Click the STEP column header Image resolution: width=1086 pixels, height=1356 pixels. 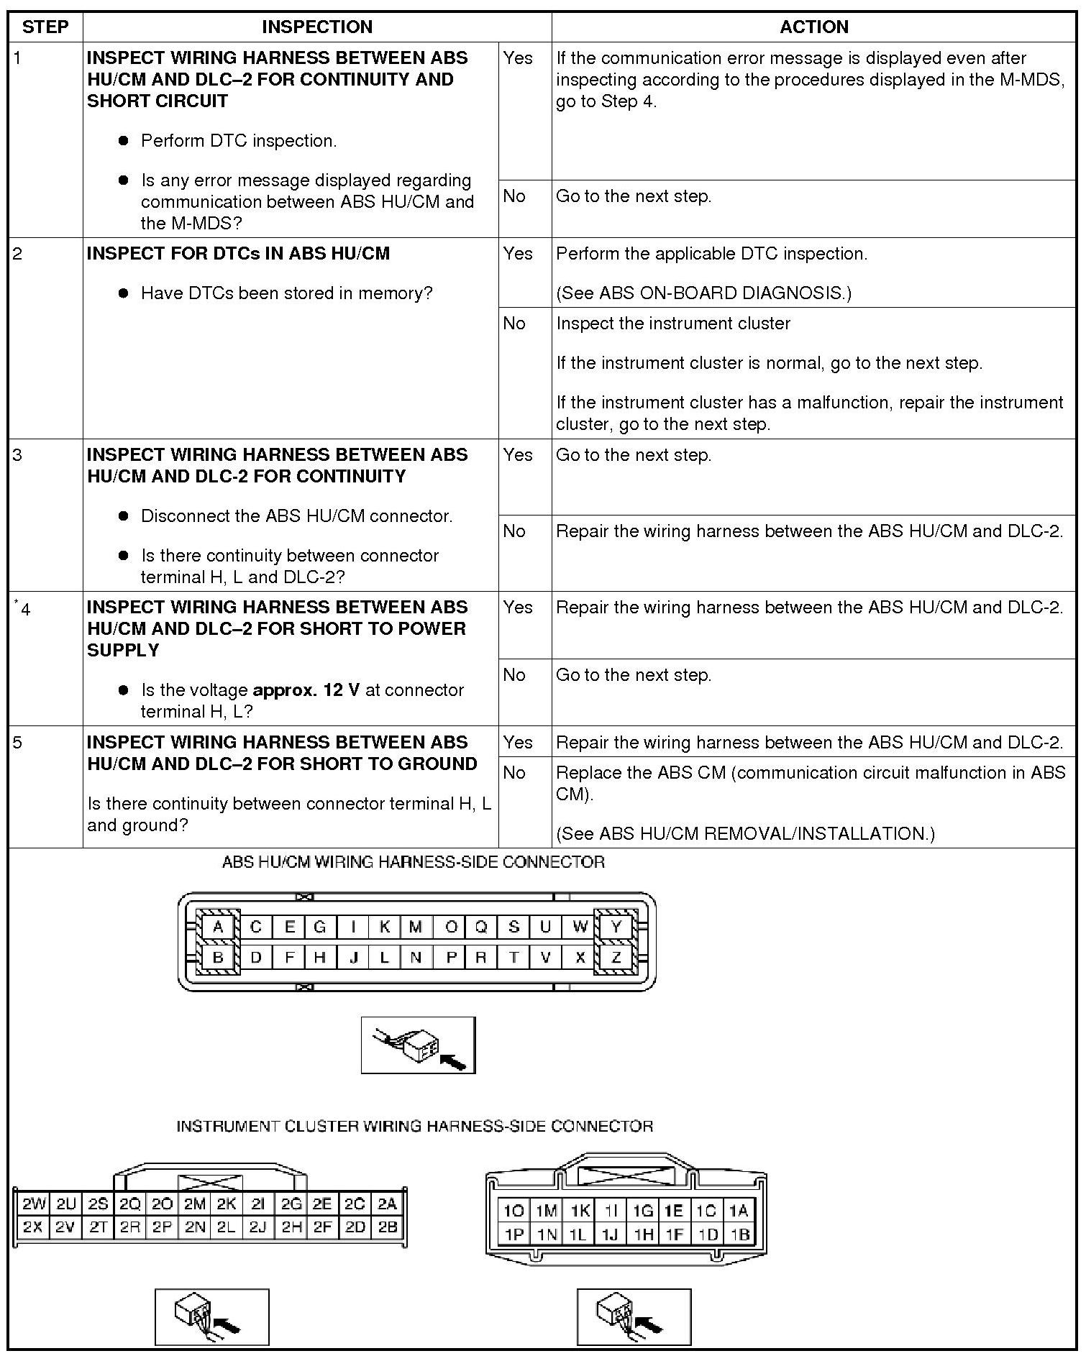pos(45,27)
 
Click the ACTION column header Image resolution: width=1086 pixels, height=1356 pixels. pos(813,27)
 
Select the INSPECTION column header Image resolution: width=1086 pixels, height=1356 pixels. pos(316,27)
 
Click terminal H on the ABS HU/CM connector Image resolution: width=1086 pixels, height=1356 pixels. pos(320,958)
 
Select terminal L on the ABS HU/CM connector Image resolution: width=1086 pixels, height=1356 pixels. pos(385,958)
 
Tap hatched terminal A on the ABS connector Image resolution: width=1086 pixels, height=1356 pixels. pos(218,927)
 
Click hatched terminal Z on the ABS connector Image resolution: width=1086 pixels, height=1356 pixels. pos(616,958)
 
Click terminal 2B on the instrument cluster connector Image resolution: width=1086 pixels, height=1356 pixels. pos(388,1227)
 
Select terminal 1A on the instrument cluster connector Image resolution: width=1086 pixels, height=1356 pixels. pos(739,1211)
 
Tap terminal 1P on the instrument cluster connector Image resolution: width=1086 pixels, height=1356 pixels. pos(514,1234)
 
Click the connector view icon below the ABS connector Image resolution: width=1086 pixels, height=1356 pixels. pos(418,1045)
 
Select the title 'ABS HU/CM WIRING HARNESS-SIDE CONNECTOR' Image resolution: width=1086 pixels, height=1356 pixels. pos(414,862)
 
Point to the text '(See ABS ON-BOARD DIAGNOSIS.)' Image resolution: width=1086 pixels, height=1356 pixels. pos(703,293)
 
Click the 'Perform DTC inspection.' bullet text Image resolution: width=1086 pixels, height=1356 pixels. pos(239,141)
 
